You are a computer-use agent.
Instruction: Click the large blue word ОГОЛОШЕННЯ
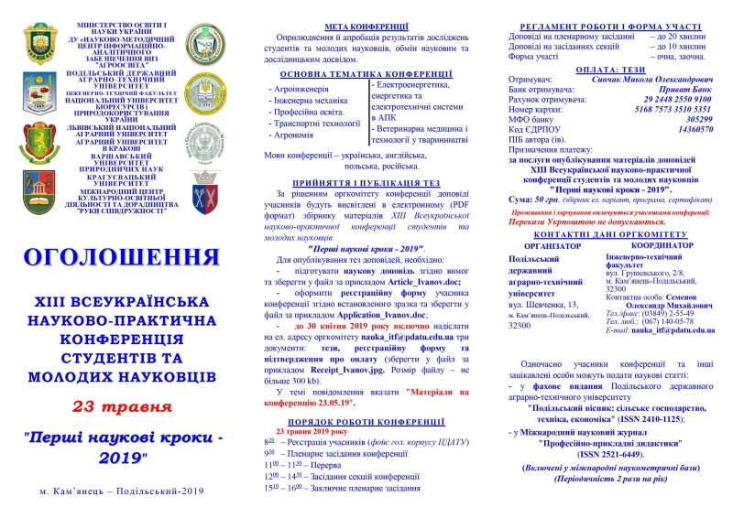coord(122,254)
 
